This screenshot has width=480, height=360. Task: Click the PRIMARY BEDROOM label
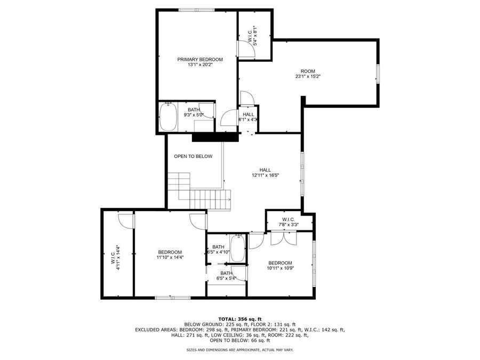(200, 60)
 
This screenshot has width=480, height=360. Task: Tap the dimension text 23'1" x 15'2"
(308, 76)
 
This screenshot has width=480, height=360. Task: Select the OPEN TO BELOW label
(193, 156)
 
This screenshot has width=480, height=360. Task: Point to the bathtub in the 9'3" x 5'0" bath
(169, 117)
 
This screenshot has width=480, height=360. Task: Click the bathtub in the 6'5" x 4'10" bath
(238, 249)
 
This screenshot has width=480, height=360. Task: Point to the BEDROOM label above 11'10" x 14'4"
(170, 252)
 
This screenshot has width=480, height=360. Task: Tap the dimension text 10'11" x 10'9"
(280, 268)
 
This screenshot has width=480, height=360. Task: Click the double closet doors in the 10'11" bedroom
(282, 237)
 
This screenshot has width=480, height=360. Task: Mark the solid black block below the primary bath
(214, 137)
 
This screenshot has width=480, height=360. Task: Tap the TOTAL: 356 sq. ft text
(240, 318)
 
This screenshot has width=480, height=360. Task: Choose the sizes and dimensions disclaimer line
(240, 350)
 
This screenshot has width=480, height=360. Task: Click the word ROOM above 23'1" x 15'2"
(308, 71)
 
